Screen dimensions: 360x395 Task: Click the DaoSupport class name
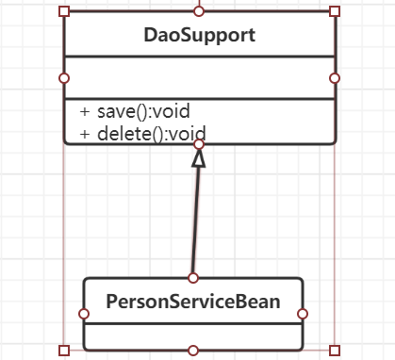(x=199, y=36)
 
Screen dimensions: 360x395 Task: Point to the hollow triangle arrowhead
(x=198, y=159)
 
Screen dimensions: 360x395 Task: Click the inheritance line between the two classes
(x=195, y=221)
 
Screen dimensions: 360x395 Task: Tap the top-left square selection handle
(x=64, y=11)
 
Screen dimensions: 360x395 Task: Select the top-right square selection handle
(x=334, y=11)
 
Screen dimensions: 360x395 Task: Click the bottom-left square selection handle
(x=64, y=351)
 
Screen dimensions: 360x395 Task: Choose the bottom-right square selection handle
(x=334, y=351)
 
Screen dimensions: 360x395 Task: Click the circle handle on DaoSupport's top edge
(x=199, y=11)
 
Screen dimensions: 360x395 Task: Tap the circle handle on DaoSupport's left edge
(x=64, y=77)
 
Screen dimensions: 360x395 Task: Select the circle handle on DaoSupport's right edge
(x=334, y=77)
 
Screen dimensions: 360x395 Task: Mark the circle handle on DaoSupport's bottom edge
(x=199, y=144)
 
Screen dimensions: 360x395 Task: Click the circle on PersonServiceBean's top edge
(x=193, y=278)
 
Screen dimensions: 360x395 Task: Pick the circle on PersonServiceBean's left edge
(x=84, y=314)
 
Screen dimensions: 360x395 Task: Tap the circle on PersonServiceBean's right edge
(x=303, y=314)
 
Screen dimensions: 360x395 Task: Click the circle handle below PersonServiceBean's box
(x=193, y=351)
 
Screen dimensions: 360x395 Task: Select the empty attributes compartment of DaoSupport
(x=199, y=77)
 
